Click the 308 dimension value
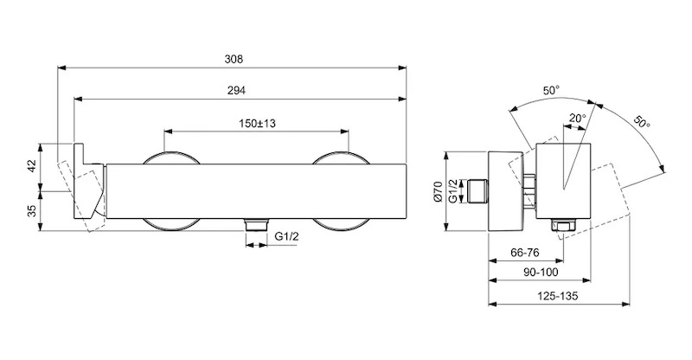click(x=234, y=59)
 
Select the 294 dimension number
click(x=236, y=91)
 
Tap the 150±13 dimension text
click(x=257, y=123)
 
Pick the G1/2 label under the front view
click(x=286, y=237)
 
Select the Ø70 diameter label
click(x=438, y=192)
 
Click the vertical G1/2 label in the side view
click(x=452, y=191)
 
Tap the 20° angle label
click(x=577, y=118)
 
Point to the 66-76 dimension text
click(x=525, y=253)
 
